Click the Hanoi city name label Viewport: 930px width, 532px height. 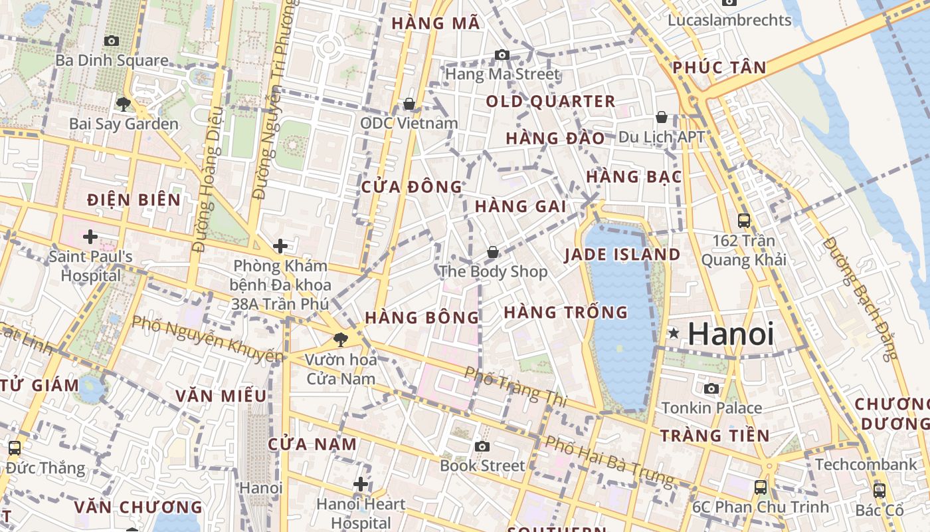[x=731, y=334]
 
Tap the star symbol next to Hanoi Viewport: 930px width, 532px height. [x=674, y=332]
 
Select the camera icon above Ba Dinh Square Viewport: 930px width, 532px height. [x=112, y=41]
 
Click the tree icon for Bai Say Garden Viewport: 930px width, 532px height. [x=123, y=104]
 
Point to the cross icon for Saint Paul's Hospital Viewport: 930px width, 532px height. [x=90, y=236]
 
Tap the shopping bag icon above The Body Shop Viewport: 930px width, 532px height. [x=492, y=252]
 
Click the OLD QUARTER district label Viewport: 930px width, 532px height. [x=551, y=102]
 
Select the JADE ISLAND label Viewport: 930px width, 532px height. [x=622, y=255]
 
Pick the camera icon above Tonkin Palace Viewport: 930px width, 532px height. [x=711, y=388]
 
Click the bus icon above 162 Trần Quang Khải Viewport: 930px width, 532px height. [x=744, y=221]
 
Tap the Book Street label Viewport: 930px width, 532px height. [x=482, y=465]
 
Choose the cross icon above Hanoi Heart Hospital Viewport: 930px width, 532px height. [x=361, y=484]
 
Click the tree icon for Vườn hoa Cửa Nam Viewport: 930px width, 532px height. [x=341, y=340]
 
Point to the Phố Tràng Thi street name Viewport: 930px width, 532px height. [x=515, y=386]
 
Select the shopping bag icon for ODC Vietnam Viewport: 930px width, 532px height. [x=409, y=104]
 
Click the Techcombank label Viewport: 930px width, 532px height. [x=866, y=464]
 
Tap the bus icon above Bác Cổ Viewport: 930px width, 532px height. [x=879, y=491]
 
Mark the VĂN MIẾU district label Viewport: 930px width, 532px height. [x=221, y=396]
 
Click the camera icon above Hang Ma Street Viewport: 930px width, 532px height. [x=502, y=55]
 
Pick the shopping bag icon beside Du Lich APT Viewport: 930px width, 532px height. [x=662, y=118]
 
